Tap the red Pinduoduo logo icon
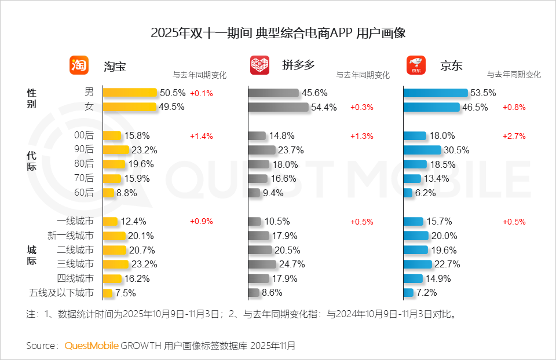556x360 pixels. tap(259, 65)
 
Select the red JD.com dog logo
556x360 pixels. tap(416, 65)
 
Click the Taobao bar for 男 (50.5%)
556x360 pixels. tap(130, 93)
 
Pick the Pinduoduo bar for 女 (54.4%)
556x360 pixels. tap(278, 107)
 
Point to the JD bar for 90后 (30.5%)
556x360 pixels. tap(430, 150)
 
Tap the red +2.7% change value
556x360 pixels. tap(514, 136)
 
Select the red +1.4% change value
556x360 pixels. tap(202, 136)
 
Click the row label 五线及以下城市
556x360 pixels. tap(61, 293)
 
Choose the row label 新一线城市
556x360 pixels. tap(70, 236)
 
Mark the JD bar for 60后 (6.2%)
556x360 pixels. tap(408, 193)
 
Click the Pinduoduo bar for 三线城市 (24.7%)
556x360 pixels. tap(262, 264)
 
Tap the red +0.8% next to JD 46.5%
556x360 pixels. tap(514, 107)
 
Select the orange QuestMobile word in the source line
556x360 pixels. tap(92, 346)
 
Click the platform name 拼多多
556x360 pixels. tap(298, 65)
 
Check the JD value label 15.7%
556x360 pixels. tap(440, 221)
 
